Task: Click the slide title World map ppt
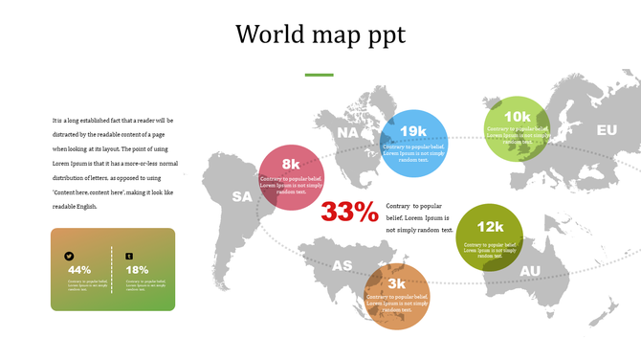click(320, 34)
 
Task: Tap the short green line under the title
click(319, 75)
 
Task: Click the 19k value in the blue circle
click(413, 131)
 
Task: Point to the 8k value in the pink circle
click(291, 164)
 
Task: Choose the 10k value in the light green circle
click(518, 117)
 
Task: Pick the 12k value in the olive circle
click(490, 227)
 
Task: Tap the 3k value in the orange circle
click(396, 283)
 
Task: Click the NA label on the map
click(348, 133)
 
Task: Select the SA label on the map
click(242, 197)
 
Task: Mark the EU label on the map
click(607, 130)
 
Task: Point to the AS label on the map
click(342, 265)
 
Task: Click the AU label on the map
click(530, 271)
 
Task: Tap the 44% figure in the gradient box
click(79, 270)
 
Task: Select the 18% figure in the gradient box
click(137, 270)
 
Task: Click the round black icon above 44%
click(70, 256)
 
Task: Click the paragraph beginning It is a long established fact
click(114, 164)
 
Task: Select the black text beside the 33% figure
click(419, 217)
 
